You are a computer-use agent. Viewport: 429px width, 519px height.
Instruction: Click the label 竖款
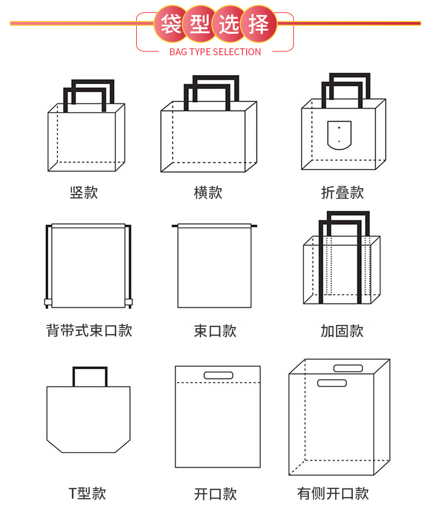click(84, 192)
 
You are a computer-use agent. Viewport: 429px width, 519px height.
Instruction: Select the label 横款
click(208, 192)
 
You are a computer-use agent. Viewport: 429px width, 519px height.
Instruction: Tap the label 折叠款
click(342, 192)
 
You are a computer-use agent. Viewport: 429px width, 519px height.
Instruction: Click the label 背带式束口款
click(89, 330)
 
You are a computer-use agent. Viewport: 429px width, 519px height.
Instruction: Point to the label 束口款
click(215, 331)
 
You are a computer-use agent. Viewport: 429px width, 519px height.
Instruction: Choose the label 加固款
click(342, 331)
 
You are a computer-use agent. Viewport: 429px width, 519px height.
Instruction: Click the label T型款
click(87, 493)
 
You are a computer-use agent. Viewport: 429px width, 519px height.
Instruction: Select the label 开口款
click(215, 494)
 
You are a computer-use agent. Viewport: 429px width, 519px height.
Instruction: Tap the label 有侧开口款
click(333, 493)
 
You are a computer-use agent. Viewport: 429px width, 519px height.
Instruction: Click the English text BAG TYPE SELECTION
click(215, 52)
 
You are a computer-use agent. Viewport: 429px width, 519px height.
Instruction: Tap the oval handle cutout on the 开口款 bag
click(218, 375)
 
